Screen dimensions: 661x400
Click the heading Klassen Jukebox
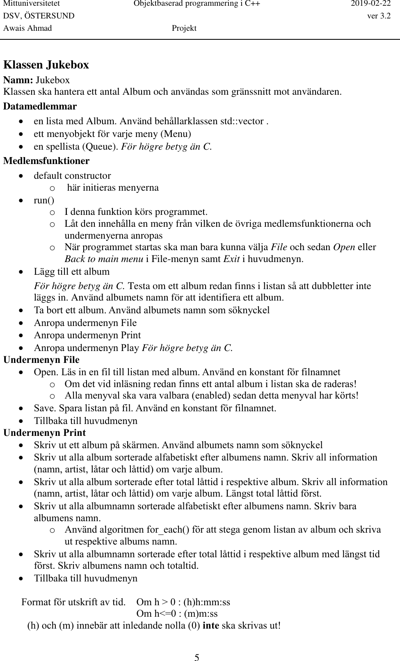(46, 65)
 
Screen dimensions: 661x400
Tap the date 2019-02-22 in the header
(371, 4)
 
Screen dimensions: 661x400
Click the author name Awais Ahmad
(27, 28)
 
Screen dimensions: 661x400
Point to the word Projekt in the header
(184, 28)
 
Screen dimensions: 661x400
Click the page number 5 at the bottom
(197, 647)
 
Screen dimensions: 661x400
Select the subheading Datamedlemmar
(40, 106)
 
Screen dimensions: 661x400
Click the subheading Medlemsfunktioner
(46, 161)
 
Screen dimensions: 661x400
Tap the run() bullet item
(44, 200)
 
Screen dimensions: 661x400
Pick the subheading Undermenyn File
(41, 360)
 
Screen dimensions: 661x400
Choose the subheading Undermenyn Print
(44, 433)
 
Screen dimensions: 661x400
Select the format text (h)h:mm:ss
(206, 602)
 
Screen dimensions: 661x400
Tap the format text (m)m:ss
(201, 614)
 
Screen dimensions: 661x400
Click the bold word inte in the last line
(210, 626)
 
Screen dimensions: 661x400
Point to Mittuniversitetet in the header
(32, 4)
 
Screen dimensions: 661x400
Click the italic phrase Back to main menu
(103, 259)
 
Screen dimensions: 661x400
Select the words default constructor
(72, 176)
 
